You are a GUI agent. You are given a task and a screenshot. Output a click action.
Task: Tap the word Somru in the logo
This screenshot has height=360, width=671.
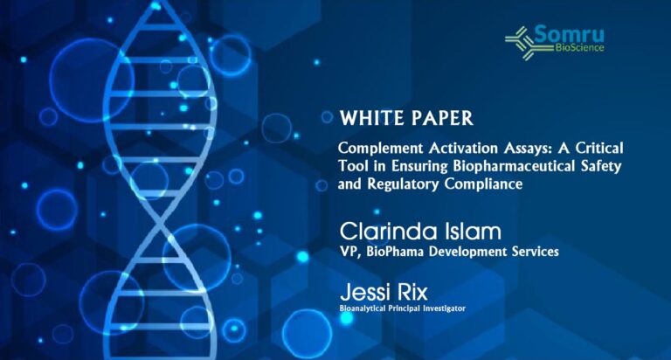(569, 34)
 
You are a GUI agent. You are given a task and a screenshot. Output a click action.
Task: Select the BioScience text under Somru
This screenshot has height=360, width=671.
(579, 47)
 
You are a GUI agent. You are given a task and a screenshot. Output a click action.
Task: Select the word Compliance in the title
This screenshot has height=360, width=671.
(483, 184)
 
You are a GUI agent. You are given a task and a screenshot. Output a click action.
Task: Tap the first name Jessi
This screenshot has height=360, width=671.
(366, 293)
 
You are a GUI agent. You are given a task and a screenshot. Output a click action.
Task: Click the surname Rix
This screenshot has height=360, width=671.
(412, 293)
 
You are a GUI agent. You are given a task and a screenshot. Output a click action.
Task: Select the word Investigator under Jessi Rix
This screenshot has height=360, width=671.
(444, 308)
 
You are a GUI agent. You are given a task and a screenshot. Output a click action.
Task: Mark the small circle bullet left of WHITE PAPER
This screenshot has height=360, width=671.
(327, 117)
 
